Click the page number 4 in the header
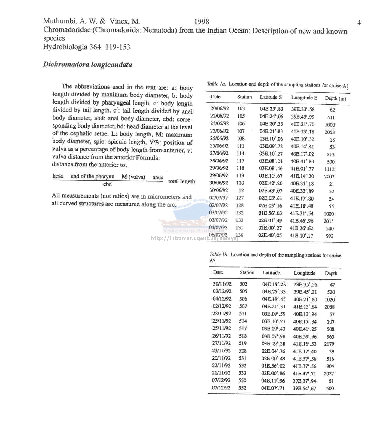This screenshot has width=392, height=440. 359,23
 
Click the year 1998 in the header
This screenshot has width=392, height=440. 202,22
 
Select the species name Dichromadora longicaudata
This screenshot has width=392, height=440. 87,65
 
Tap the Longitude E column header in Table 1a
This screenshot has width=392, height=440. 304,98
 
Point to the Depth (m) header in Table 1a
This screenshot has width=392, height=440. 335,98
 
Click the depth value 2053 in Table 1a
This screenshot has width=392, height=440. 329,132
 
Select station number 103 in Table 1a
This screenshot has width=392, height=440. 241,108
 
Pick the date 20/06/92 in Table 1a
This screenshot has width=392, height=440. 219,108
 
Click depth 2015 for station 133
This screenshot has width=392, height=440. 329,221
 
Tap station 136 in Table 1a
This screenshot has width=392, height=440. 239,235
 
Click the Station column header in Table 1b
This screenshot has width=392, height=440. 247,272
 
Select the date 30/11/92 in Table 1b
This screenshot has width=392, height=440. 222,284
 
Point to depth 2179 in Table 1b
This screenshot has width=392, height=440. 329,344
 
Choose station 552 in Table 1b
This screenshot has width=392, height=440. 242,388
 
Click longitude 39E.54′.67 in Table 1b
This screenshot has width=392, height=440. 304,388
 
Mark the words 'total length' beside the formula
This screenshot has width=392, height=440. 181,181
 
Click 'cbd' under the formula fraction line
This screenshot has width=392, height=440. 107,184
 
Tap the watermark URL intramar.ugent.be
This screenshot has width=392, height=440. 195,238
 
